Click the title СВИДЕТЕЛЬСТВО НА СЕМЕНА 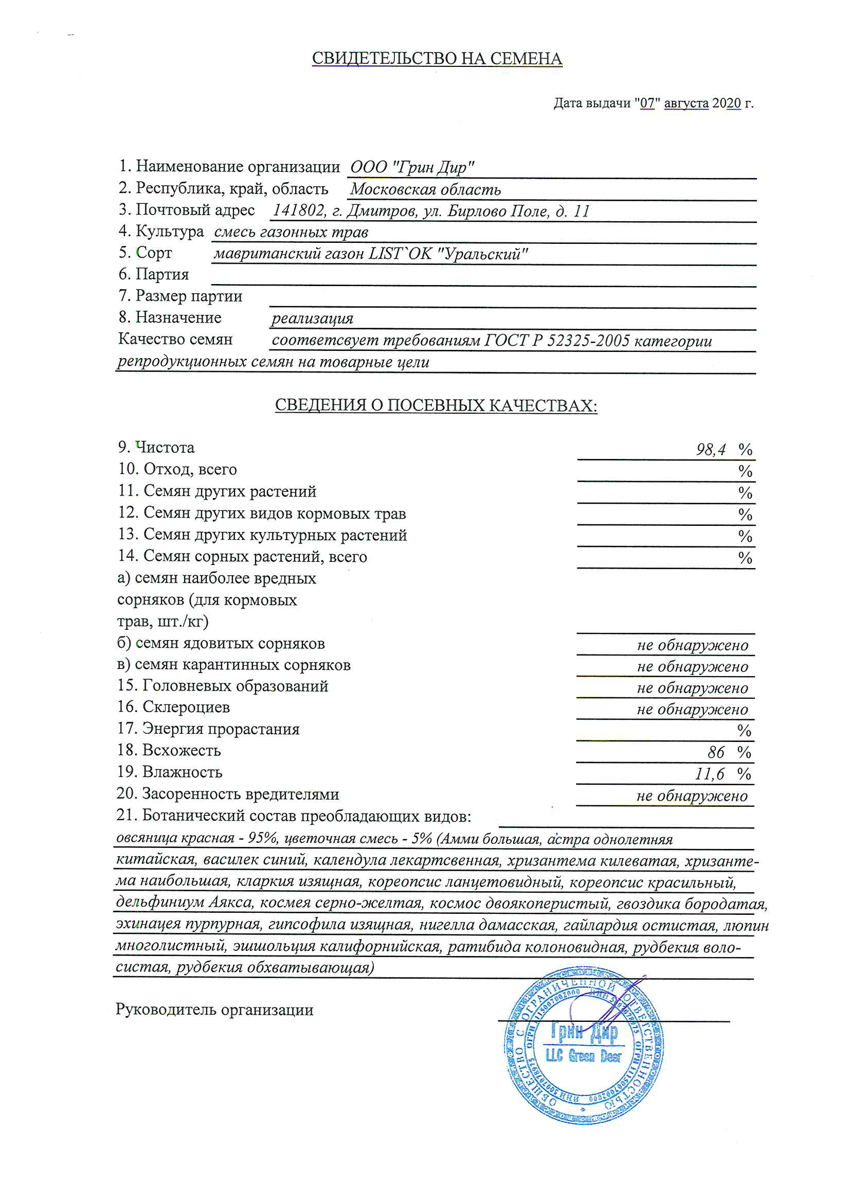(x=437, y=59)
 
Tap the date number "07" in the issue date (x=647, y=103)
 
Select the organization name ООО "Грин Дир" (x=412, y=168)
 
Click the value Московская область (x=425, y=189)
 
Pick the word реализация (x=312, y=319)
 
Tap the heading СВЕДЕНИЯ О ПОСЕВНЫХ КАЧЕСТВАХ (x=436, y=405)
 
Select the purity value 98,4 (x=711, y=450)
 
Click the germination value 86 (x=715, y=753)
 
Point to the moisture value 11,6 (x=710, y=774)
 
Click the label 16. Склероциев (x=173, y=707)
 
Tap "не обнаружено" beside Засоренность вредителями (x=692, y=797)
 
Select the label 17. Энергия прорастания (x=208, y=729)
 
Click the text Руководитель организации (x=214, y=1010)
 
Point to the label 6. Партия (x=153, y=275)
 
